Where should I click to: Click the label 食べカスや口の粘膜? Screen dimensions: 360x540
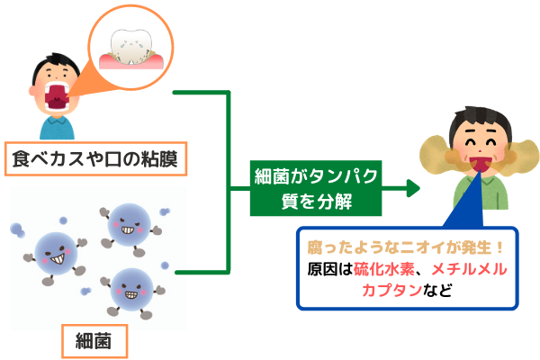tap(94, 161)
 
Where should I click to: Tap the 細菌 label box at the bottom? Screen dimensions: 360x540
tap(94, 341)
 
